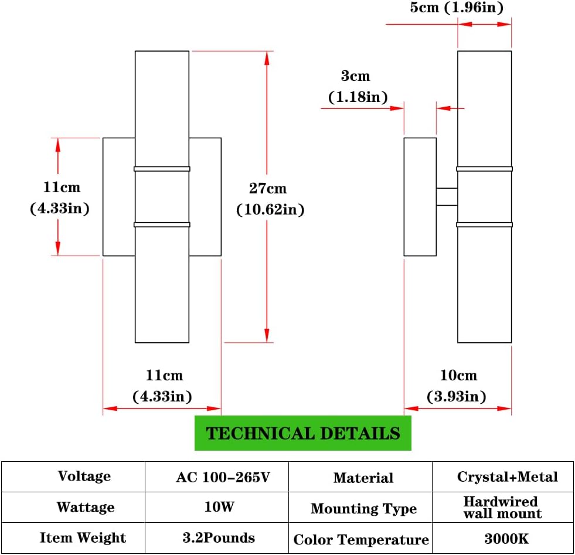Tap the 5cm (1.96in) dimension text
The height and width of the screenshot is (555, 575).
tap(456, 8)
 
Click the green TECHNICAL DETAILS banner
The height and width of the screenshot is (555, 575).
tap(303, 433)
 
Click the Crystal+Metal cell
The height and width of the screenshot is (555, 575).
tap(507, 476)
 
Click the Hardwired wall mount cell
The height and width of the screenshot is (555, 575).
tap(502, 508)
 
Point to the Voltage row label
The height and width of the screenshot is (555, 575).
tap(84, 476)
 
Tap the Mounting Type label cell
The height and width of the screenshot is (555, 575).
tap(363, 508)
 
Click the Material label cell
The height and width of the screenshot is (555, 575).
tap(363, 478)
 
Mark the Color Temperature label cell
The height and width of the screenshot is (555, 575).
tap(361, 539)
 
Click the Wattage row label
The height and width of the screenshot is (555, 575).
tap(85, 507)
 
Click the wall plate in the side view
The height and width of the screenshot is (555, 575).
tap(420, 197)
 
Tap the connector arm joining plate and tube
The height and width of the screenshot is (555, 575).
tap(447, 197)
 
